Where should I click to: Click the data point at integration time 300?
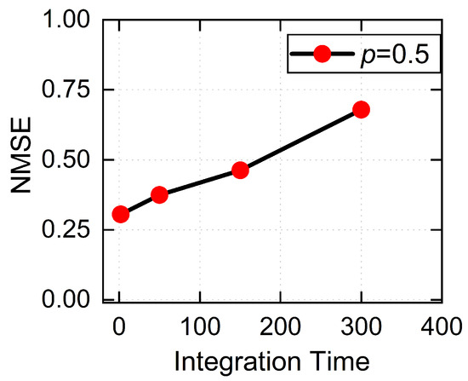point(361,110)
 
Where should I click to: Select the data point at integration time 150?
point(240,170)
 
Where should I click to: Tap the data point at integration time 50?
point(159,194)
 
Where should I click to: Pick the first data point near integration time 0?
point(121,214)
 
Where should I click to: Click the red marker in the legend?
point(322,54)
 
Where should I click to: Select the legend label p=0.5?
point(395,55)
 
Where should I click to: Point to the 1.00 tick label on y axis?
point(66,20)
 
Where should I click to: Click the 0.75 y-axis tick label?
point(66,89)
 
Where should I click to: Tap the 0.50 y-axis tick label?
point(66,159)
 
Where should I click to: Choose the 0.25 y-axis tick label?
point(66,229)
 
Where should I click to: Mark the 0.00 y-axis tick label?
point(66,300)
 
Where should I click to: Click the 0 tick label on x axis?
point(119,326)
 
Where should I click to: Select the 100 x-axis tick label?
point(200,326)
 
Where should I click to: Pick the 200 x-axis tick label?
point(281,326)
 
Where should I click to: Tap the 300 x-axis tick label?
point(361,326)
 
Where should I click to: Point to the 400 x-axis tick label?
point(442,326)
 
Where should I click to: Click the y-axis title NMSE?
point(21,154)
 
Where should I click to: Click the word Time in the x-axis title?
point(340,361)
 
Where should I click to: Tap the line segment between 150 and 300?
point(301,140)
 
